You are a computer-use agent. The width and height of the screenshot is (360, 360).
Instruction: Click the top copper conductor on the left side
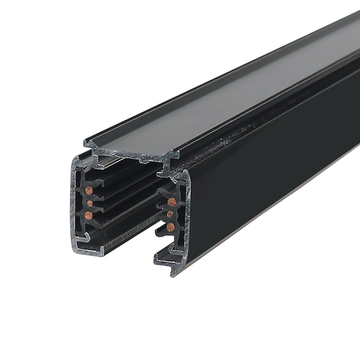pos(89,190)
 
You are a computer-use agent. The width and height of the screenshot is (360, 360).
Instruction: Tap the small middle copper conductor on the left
pos(89,203)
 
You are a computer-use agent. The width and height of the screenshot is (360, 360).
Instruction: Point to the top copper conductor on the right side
pos(172,201)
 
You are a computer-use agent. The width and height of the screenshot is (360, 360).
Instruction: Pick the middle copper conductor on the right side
pos(170,214)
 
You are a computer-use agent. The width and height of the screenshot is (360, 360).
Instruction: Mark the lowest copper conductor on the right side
pos(171,226)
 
